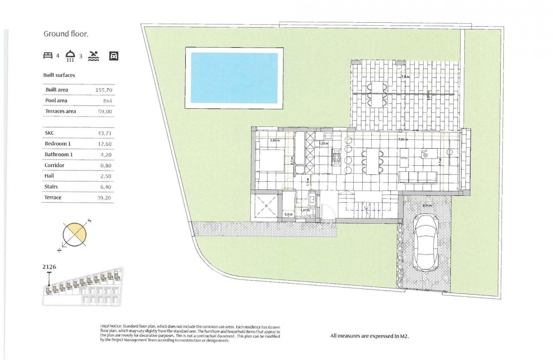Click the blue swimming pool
click(x=234, y=78)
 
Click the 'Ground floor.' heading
click(x=66, y=34)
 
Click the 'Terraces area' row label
click(x=60, y=111)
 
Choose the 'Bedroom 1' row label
click(x=59, y=144)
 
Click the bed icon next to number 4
click(x=48, y=55)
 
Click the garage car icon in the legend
click(x=114, y=55)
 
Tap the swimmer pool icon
click(x=93, y=56)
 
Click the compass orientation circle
click(x=75, y=234)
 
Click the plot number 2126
click(x=49, y=267)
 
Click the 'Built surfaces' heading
click(x=59, y=75)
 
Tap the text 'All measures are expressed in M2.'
click(x=370, y=336)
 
